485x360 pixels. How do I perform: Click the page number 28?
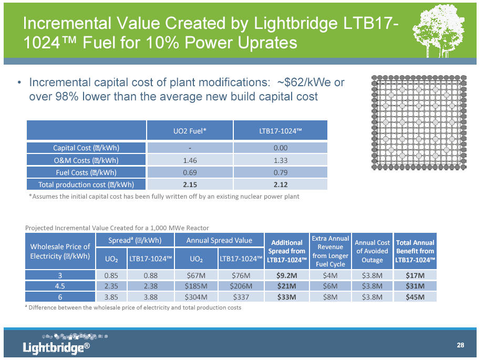(460, 345)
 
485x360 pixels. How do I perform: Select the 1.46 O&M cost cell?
(190, 160)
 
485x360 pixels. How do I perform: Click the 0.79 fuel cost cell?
(280, 172)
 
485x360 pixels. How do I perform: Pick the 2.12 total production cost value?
(280, 184)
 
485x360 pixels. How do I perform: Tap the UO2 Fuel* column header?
(190, 130)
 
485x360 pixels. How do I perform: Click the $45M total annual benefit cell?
(415, 297)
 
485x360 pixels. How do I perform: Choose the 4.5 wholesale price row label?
(60, 285)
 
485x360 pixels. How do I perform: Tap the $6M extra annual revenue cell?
(330, 285)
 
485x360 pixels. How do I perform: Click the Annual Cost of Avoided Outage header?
(372, 251)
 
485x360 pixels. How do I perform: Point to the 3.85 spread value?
(111, 297)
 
